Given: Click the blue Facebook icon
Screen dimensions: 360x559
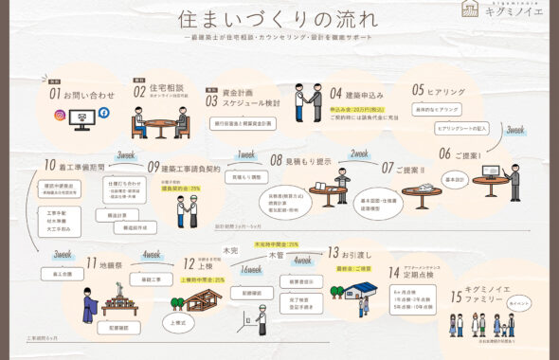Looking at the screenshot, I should point(103,113).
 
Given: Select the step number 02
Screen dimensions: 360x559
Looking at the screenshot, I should point(139,92).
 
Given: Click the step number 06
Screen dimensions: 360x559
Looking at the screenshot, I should point(444,153).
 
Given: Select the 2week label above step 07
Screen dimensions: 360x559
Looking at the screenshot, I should point(359,153).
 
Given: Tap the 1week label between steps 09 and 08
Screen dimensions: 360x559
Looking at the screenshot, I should point(246,153).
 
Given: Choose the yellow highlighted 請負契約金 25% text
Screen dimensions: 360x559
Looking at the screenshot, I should point(181,189).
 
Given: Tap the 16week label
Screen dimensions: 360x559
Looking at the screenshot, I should point(252,269).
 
